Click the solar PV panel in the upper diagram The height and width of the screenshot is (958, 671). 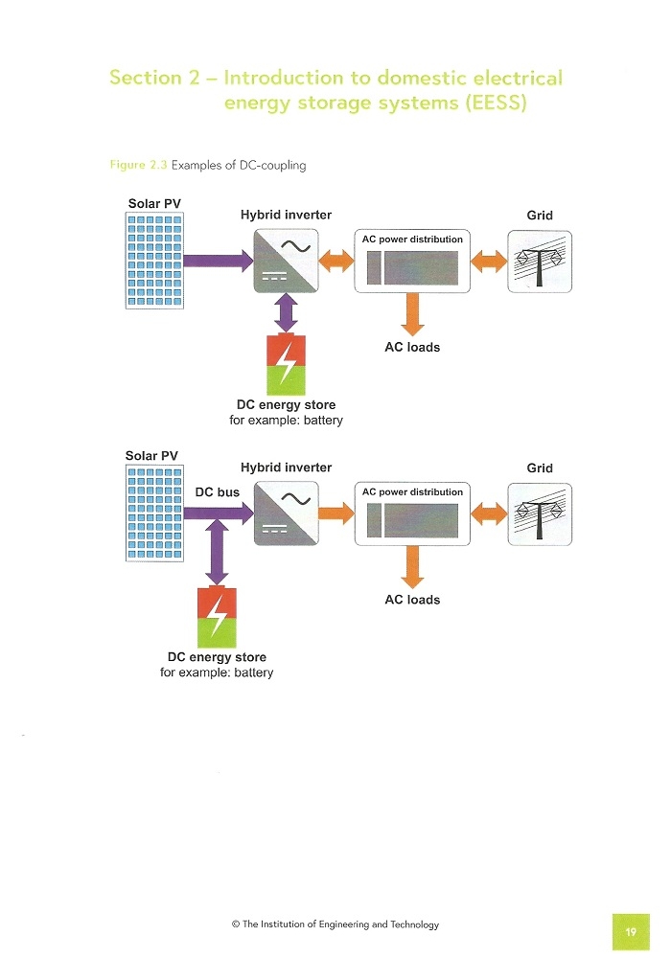(x=154, y=261)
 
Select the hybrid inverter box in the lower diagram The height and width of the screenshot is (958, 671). (x=286, y=513)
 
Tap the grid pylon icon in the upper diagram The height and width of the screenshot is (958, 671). (x=540, y=262)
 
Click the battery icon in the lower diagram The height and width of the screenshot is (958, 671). (x=217, y=616)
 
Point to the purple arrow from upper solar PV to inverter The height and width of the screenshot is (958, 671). (x=219, y=261)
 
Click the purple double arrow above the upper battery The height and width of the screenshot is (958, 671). (x=286, y=313)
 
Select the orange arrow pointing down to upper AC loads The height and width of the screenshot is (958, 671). (x=412, y=314)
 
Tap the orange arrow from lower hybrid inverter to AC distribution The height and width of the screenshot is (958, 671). (x=336, y=513)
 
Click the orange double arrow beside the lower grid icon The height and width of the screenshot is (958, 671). (x=489, y=513)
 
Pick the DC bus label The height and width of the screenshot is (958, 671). (x=217, y=492)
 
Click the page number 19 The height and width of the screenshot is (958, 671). (x=631, y=932)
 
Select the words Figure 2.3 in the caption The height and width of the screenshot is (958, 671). (x=138, y=165)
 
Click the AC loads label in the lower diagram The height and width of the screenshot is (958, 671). (x=412, y=600)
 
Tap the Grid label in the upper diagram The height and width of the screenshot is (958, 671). (x=540, y=216)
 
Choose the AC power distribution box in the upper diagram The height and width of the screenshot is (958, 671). (x=412, y=261)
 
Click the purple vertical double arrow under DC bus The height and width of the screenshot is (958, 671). (x=217, y=553)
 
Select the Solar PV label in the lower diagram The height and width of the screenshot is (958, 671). (x=151, y=456)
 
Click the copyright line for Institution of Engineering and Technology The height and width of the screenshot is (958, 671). (x=335, y=924)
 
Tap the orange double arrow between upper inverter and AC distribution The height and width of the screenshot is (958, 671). (x=336, y=261)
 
